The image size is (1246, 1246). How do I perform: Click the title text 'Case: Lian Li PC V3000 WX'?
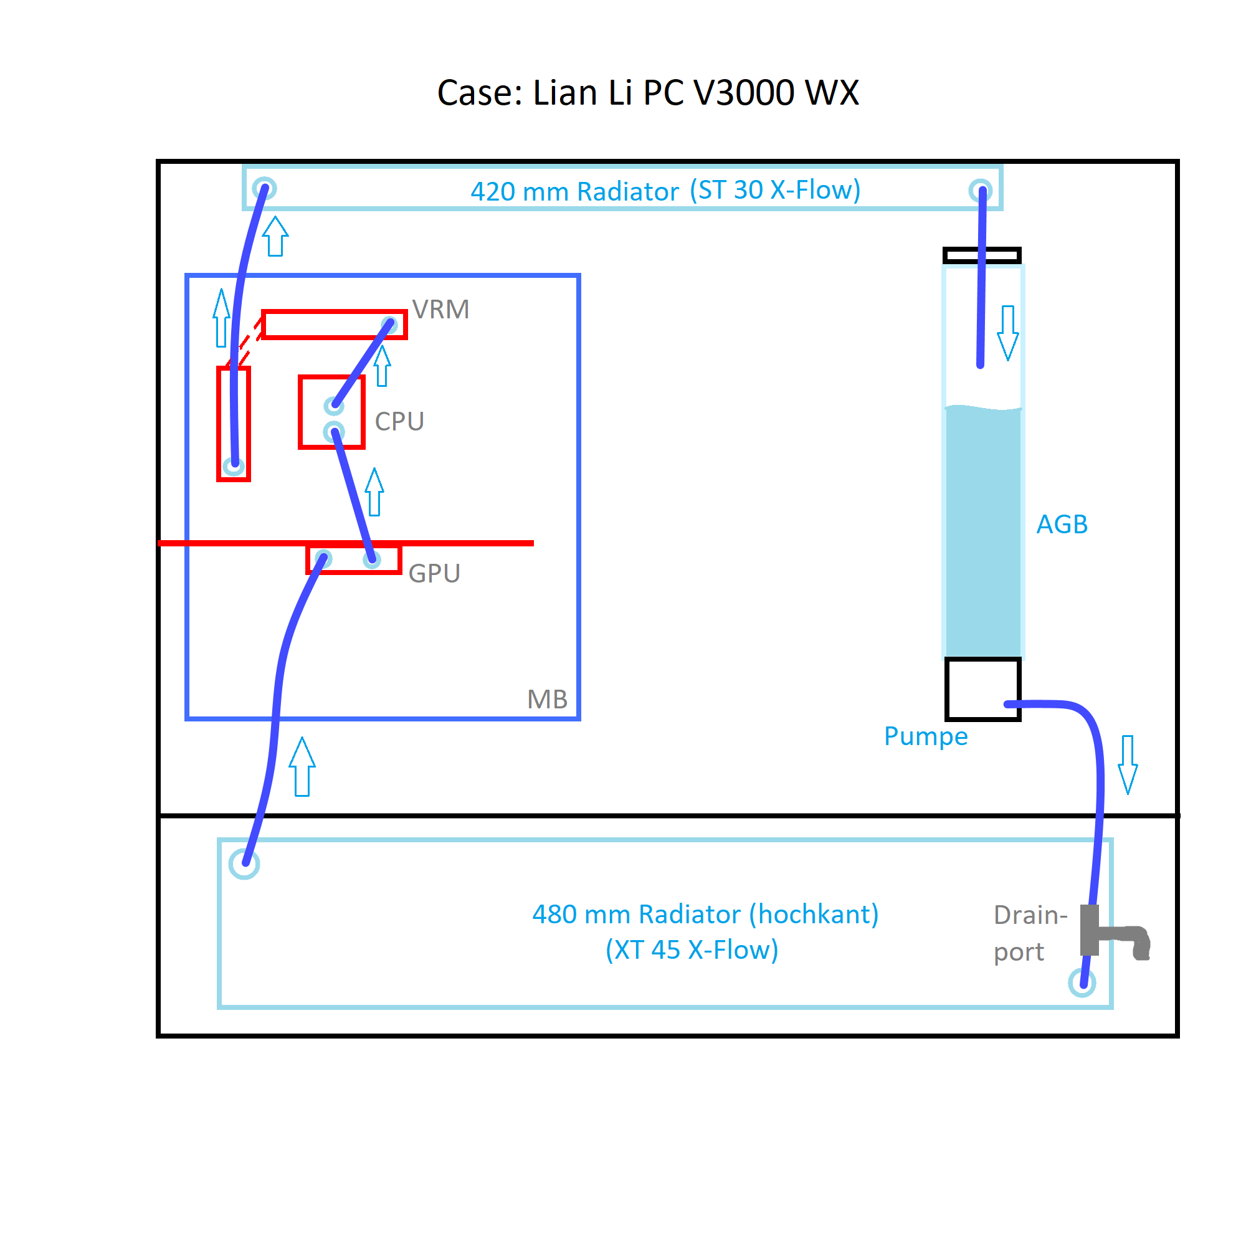tap(647, 92)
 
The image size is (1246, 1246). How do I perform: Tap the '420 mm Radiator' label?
tap(574, 191)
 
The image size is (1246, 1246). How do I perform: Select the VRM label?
tap(440, 310)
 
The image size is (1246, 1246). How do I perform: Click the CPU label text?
tap(399, 422)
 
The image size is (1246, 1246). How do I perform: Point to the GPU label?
tap(434, 573)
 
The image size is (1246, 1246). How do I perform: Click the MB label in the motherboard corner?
tap(547, 699)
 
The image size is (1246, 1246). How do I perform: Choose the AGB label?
tap(1062, 525)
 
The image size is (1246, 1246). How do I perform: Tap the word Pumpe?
tap(926, 736)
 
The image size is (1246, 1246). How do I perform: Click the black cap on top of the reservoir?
tap(982, 255)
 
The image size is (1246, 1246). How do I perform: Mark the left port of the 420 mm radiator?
tap(264, 189)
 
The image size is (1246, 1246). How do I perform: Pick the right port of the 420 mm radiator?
tap(980, 190)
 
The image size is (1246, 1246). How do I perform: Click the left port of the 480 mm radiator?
tap(244, 864)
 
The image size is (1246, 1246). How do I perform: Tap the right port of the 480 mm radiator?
tap(1082, 983)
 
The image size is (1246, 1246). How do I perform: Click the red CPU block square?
tap(332, 412)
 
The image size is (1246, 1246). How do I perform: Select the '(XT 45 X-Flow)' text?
tap(692, 950)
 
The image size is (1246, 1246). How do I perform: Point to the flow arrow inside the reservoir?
tap(1007, 333)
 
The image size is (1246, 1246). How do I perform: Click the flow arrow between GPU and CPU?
tap(374, 492)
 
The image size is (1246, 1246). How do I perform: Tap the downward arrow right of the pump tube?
tap(1128, 765)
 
